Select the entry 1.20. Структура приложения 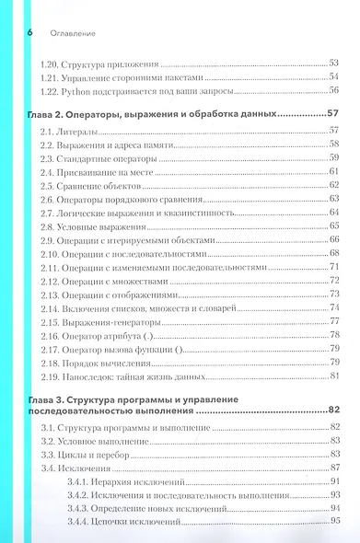coord(101,64)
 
